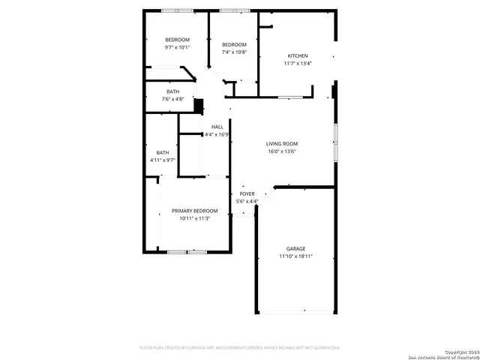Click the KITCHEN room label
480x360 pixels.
tap(298, 55)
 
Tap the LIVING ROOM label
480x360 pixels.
tap(282, 143)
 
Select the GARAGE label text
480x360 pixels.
tap(295, 248)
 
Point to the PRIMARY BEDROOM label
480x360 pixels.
tap(194, 211)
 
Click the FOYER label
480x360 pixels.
tap(247, 193)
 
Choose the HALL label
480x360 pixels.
tap(217, 127)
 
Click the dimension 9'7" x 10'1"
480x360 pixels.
tap(178, 47)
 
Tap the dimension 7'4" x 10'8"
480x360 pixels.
tap(234, 52)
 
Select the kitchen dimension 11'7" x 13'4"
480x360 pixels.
tap(298, 64)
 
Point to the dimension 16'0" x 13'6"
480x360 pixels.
tap(282, 151)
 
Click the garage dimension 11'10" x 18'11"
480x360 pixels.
tap(295, 256)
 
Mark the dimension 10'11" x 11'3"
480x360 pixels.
tap(194, 219)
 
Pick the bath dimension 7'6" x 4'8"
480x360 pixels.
tap(172, 99)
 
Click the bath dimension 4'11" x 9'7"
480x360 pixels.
tap(163, 160)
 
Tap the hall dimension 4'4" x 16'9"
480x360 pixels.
tap(217, 135)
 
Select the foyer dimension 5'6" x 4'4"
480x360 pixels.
tap(247, 201)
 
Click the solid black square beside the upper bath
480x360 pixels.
tap(199, 106)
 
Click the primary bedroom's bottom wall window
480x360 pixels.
tap(187, 252)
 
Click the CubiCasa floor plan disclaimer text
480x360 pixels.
tap(240, 348)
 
